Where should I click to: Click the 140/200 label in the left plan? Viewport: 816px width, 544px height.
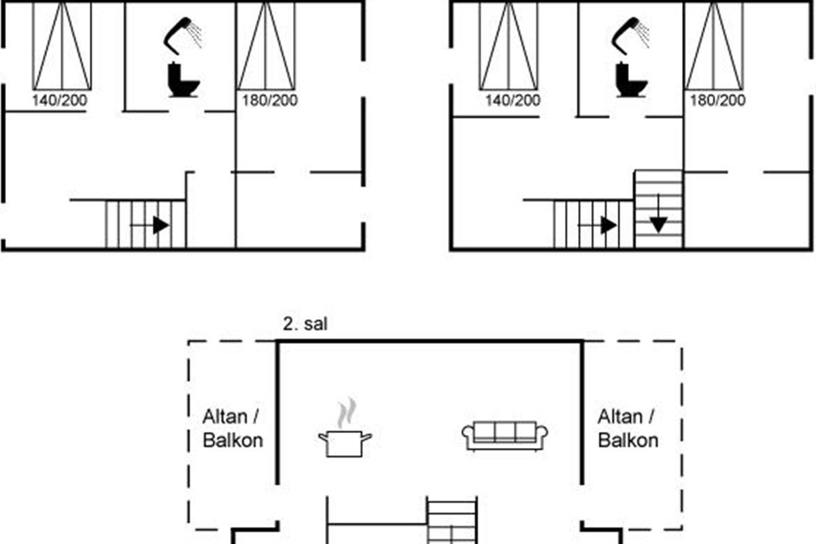click(x=60, y=100)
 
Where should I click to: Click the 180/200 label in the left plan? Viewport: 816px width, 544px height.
click(x=270, y=100)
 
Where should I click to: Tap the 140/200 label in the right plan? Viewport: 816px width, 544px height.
click(x=513, y=100)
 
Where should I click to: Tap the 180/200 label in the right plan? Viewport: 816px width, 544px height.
click(x=718, y=100)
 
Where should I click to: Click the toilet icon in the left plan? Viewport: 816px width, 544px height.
click(x=183, y=80)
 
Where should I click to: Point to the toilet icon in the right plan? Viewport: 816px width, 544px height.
click(x=631, y=80)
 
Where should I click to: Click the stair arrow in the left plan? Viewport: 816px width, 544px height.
click(x=150, y=225)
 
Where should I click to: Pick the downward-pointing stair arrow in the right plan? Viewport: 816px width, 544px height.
click(x=658, y=213)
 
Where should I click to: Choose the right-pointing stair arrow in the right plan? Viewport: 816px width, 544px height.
click(x=598, y=225)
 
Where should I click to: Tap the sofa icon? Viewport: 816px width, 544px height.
click(x=505, y=436)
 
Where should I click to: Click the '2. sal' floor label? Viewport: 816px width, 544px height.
click(x=305, y=324)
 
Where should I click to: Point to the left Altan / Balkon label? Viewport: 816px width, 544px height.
click(x=233, y=428)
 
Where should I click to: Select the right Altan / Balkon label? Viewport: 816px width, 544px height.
click(x=628, y=428)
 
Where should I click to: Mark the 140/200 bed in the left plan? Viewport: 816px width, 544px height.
click(x=62, y=46)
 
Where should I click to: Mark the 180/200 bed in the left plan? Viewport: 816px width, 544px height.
click(x=266, y=46)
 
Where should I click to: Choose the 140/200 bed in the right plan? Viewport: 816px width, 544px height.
click(x=509, y=46)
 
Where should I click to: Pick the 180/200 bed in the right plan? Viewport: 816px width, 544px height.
click(x=714, y=46)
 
